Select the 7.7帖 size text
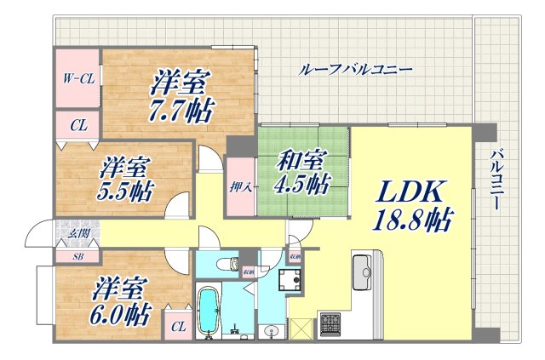point(183,110)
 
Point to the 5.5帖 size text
point(124,191)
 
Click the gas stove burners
point(330,323)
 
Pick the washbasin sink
point(272,329)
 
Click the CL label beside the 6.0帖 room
point(178,325)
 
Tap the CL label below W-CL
point(77,126)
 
